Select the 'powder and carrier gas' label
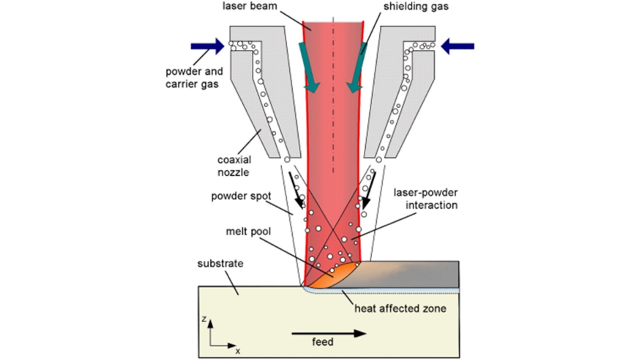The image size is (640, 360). click(193, 77)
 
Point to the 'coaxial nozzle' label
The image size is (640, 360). click(234, 166)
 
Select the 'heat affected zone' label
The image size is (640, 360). click(400, 309)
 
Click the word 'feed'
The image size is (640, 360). click(323, 341)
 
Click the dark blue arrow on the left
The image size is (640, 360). click(207, 46)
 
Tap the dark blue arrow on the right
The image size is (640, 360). click(457, 46)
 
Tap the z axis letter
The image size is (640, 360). click(203, 319)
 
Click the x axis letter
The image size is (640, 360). click(238, 351)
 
